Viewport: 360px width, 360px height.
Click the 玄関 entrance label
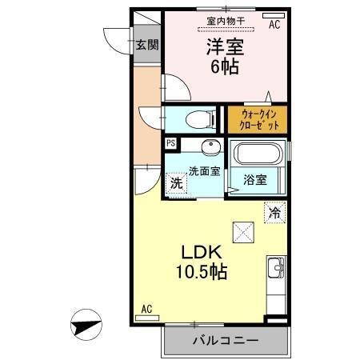tap(145, 44)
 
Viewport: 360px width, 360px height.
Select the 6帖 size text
tap(226, 67)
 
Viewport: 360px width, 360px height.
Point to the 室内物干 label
tap(226, 22)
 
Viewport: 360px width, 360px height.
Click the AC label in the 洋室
tap(274, 25)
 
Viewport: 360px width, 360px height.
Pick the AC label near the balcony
tap(146, 308)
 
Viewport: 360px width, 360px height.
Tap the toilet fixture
tap(198, 120)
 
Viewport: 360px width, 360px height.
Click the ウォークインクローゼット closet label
tap(258, 121)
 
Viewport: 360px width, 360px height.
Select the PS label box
tap(170, 143)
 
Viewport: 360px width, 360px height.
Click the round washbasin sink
tap(210, 147)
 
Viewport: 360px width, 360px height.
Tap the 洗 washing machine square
tap(176, 182)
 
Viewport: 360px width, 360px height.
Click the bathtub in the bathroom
tap(258, 152)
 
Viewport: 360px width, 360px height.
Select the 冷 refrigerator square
tap(274, 213)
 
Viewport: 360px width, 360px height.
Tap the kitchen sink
tap(277, 268)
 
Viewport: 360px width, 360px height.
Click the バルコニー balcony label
tap(226, 341)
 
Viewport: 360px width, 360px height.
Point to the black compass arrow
tap(87, 326)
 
